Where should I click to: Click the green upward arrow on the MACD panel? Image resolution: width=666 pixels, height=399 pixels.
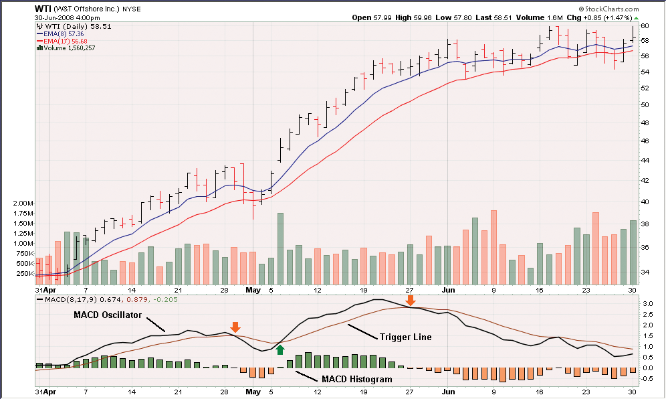click(x=280, y=349)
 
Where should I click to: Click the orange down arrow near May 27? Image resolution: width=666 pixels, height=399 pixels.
click(x=411, y=301)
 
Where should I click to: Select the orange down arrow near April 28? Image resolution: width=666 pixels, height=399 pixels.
click(x=235, y=327)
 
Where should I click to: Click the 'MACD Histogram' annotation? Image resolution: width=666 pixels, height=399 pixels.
click(x=356, y=379)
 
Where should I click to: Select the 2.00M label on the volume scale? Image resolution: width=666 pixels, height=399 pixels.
click(x=23, y=204)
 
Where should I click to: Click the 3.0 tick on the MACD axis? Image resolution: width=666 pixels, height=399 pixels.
click(x=647, y=304)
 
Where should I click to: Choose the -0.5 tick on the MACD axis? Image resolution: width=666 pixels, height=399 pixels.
click(x=646, y=378)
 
